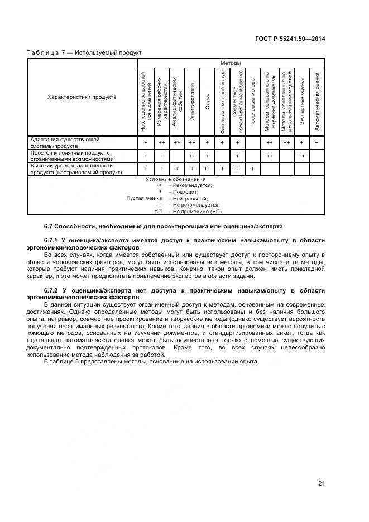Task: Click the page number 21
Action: [x=322, y=483]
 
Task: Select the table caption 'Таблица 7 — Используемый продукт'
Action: [x=84, y=52]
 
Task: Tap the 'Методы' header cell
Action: [x=230, y=63]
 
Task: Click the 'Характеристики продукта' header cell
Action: [x=82, y=97]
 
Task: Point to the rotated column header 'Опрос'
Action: [x=207, y=101]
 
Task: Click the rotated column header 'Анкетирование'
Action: [x=191, y=101]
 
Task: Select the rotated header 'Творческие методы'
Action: [x=252, y=101]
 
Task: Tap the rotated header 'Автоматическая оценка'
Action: [x=317, y=101]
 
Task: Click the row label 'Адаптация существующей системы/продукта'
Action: [x=65, y=142]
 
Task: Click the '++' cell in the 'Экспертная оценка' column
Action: [x=301, y=156]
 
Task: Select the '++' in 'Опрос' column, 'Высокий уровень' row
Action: [x=207, y=169]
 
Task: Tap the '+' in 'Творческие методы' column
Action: [x=252, y=169]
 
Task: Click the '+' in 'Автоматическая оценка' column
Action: [x=317, y=143]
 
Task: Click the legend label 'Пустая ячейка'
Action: [x=144, y=198]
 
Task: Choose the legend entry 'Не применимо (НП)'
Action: [x=197, y=212]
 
